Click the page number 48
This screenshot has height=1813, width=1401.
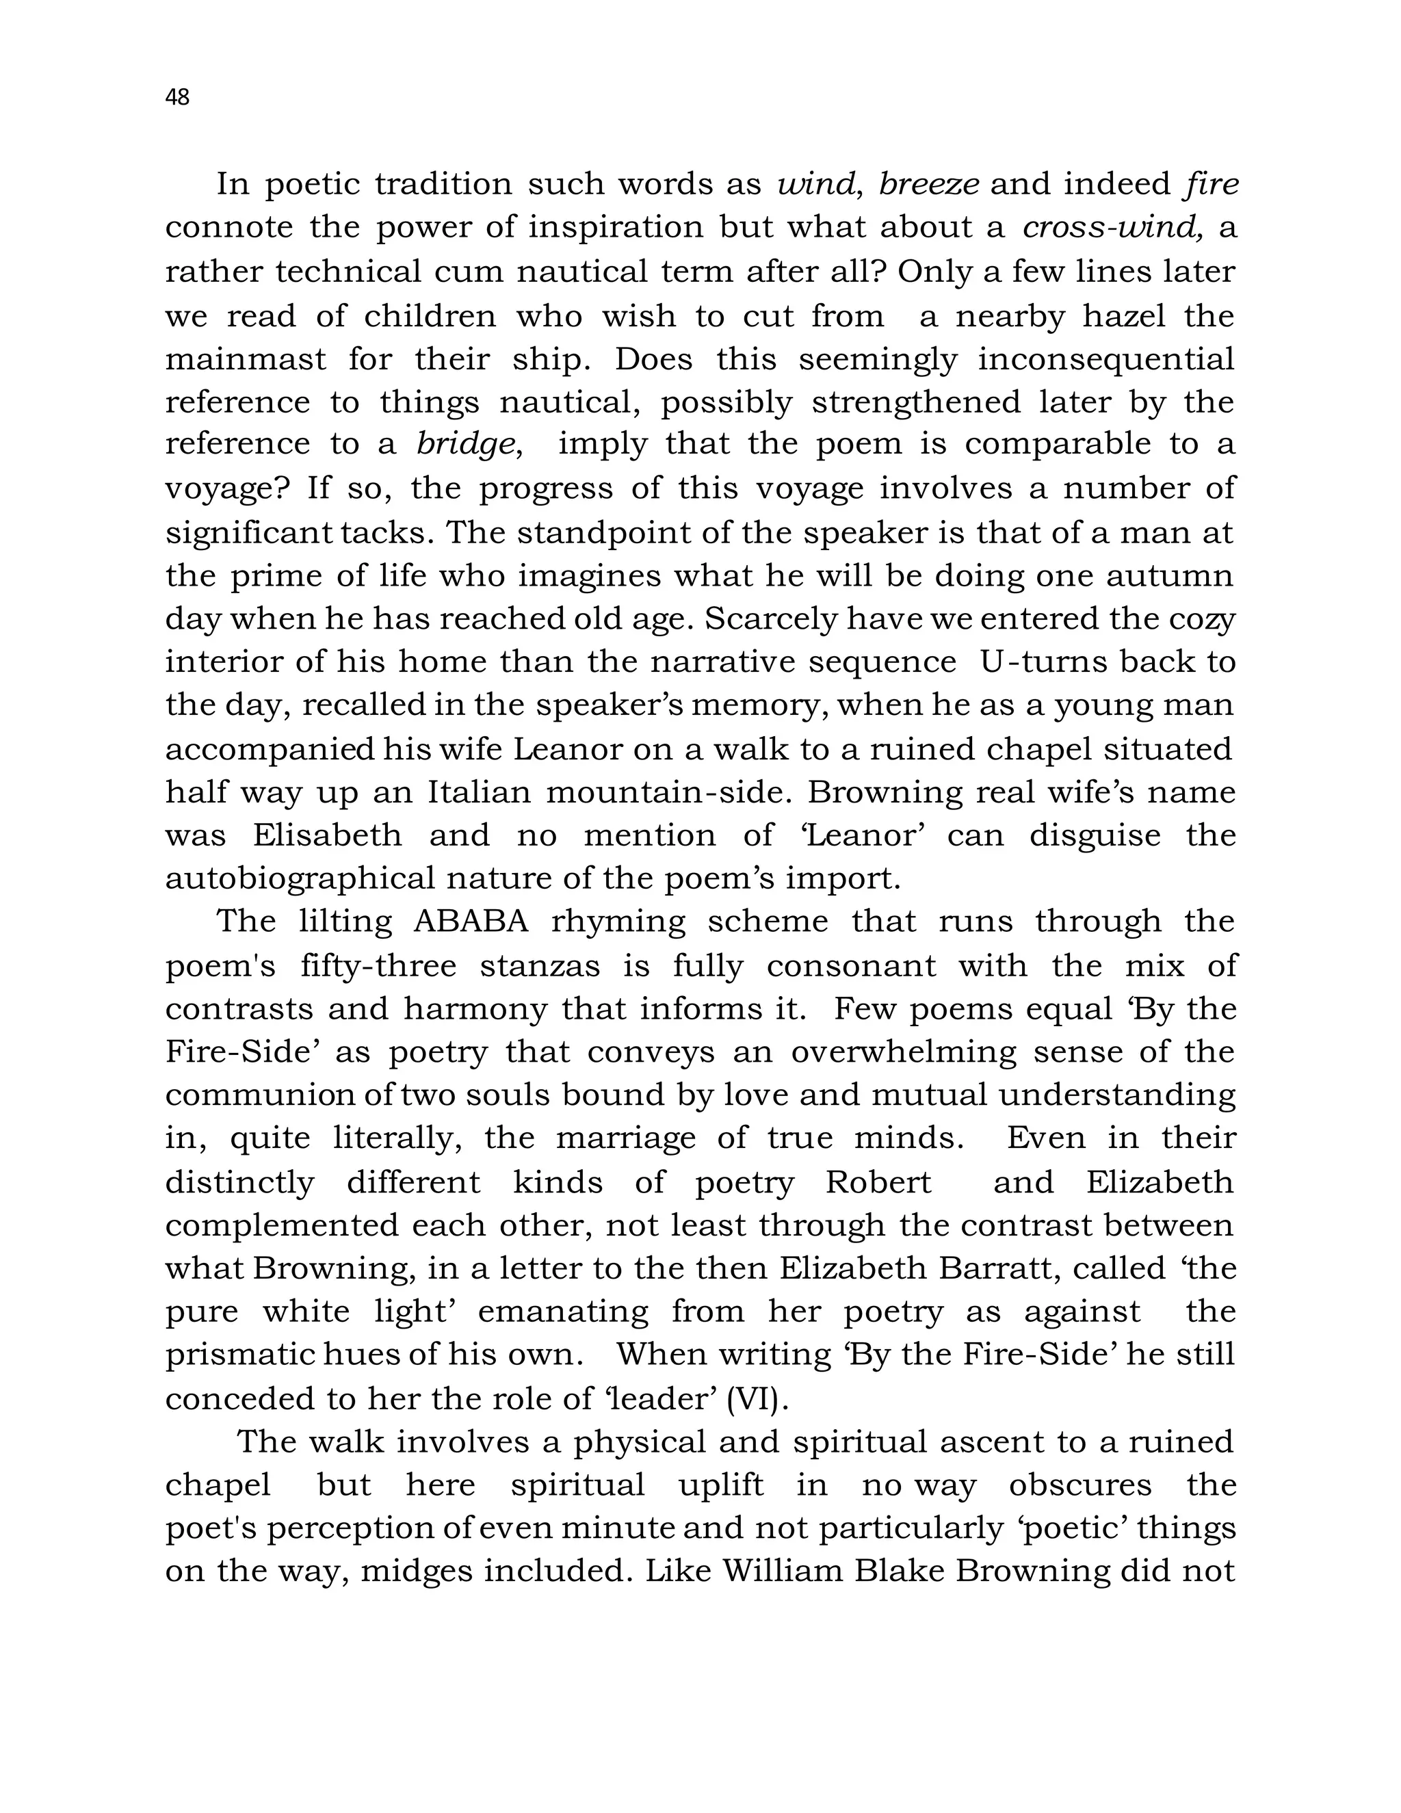(178, 98)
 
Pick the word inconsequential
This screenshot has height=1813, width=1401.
(1105, 359)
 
